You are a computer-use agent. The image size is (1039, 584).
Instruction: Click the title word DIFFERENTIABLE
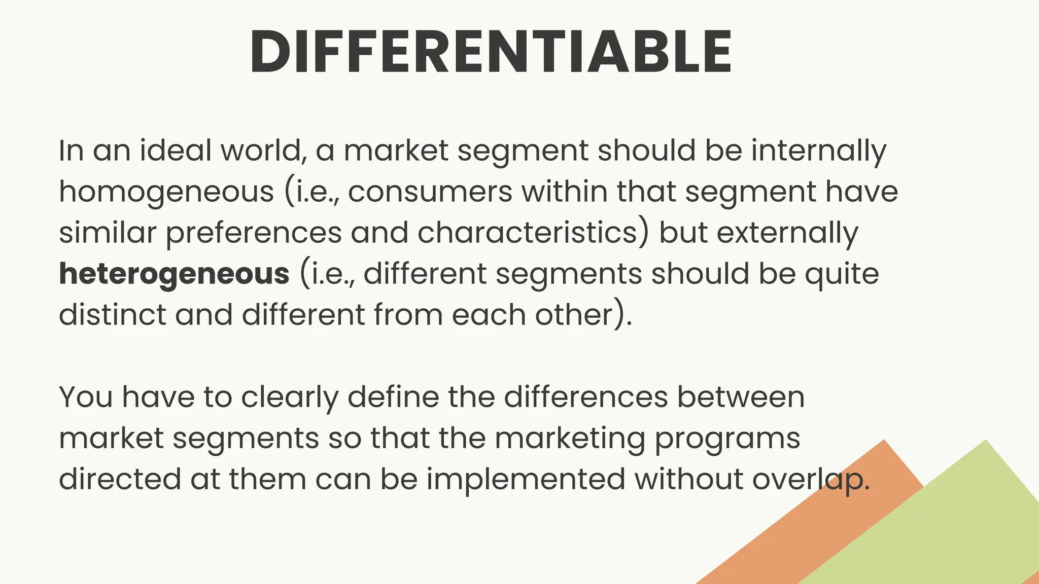tap(491, 52)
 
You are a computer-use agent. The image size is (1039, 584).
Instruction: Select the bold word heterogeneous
tap(174, 274)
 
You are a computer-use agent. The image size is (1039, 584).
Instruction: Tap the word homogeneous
tap(166, 193)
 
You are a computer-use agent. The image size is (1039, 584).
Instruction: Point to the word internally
tap(818, 151)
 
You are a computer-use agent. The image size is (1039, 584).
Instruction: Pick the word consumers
tap(430, 192)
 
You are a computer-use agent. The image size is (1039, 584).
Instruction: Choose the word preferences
tap(254, 234)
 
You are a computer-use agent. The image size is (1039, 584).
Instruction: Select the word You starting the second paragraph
tap(86, 397)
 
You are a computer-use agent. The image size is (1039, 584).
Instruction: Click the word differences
tap(585, 397)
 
